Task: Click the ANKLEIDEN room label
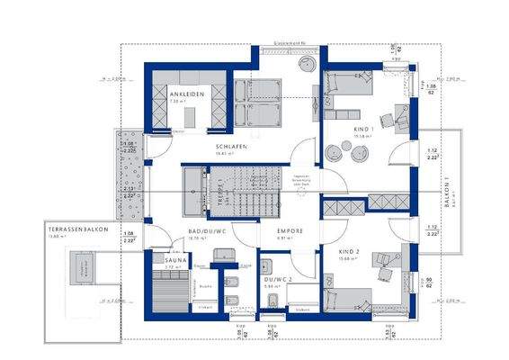click(186, 94)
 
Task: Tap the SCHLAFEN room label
click(230, 146)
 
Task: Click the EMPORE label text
click(289, 230)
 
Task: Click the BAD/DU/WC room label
click(205, 232)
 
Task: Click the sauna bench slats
click(171, 288)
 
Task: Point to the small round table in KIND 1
click(360, 154)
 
